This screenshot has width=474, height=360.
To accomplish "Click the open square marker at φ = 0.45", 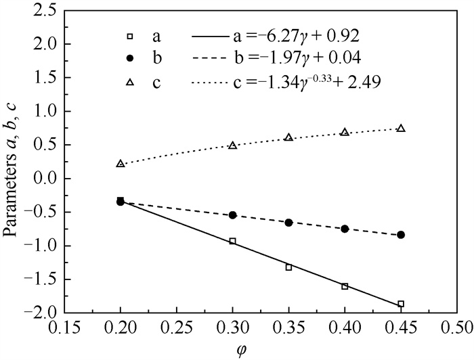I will (401, 304).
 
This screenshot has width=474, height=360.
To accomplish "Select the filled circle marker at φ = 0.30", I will (233, 215).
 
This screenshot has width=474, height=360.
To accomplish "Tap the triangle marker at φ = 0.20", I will (121, 164).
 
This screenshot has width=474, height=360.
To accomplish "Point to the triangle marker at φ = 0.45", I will (401, 129).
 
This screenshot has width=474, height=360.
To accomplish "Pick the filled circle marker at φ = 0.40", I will (345, 229).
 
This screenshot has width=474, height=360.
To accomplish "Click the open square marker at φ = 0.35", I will (288, 267).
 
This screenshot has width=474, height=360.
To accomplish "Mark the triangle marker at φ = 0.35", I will (288, 137).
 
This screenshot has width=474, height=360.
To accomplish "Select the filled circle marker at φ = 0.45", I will (401, 235).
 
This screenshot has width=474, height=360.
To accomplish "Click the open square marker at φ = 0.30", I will (233, 241).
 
